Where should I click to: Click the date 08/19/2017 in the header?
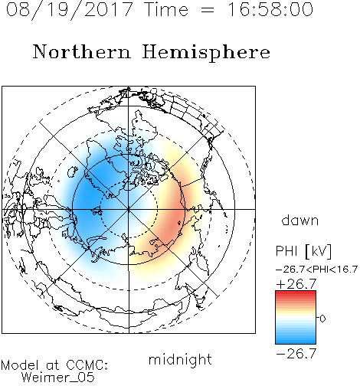pyautogui.click(x=69, y=10)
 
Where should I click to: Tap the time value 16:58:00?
pyautogui.click(x=270, y=9)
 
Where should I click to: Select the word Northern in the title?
pyautogui.click(x=82, y=51)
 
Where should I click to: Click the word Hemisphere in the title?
pyautogui.click(x=206, y=53)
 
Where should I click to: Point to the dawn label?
pyautogui.click(x=300, y=220)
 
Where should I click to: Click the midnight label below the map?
pyautogui.click(x=180, y=360)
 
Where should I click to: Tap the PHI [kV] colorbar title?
pyautogui.click(x=303, y=251)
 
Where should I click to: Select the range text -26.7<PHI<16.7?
pyautogui.click(x=316, y=270)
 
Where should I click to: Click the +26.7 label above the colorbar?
pyautogui.click(x=296, y=284)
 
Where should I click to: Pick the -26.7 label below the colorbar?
pyautogui.click(x=296, y=354)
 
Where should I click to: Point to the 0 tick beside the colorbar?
pyautogui.click(x=322, y=319)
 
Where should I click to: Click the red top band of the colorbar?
pyautogui.click(x=296, y=293)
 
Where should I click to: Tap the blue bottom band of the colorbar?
pyautogui.click(x=296, y=341)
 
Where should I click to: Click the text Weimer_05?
pyautogui.click(x=57, y=378)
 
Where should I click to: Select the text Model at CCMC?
pyautogui.click(x=54, y=365)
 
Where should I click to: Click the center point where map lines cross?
pyautogui.click(x=129, y=209)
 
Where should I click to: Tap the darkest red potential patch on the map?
pyautogui.click(x=172, y=220)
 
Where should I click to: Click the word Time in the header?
pyautogui.click(x=166, y=9)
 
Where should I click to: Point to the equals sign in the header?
pyautogui.click(x=208, y=10)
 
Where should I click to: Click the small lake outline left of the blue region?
pyautogui.click(x=73, y=172)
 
